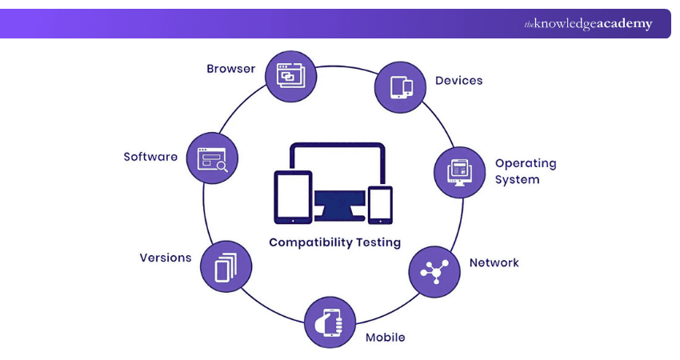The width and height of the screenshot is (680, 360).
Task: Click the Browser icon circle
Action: click(290, 75)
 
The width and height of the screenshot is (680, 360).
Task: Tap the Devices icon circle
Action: click(401, 85)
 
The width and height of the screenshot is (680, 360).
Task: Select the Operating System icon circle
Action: click(460, 172)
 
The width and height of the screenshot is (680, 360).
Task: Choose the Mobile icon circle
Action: click(330, 322)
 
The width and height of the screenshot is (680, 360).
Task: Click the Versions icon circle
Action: click(226, 265)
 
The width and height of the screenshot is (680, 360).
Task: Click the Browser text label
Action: click(231, 69)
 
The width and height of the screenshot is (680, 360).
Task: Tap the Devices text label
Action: click(458, 81)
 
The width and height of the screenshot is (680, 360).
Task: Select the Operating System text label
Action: click(525, 171)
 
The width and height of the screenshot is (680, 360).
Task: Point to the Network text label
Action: click(494, 262)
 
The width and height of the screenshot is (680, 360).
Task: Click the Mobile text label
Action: click(385, 337)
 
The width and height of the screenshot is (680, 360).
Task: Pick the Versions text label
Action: click(166, 258)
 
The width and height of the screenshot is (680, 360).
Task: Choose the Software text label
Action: click(150, 157)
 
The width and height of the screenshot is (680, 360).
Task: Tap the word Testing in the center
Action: click(376, 242)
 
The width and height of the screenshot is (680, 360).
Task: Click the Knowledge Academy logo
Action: click(588, 24)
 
